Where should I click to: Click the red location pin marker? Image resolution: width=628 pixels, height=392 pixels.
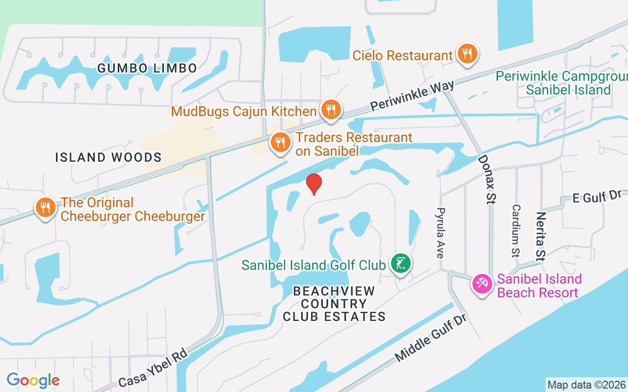click(x=314, y=184)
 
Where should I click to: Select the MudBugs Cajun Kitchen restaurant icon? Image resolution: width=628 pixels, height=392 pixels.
click(x=331, y=110)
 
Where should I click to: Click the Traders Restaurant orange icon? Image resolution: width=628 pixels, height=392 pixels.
click(x=280, y=143)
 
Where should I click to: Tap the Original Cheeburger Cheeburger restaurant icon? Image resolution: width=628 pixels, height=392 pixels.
click(x=45, y=207)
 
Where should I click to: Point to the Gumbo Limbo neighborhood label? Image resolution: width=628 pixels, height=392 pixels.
click(x=147, y=68)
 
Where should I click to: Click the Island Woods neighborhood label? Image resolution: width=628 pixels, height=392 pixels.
click(x=108, y=157)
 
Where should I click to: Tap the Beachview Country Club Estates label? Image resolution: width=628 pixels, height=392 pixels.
click(x=334, y=304)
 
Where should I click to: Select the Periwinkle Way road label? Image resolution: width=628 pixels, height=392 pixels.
click(x=412, y=96)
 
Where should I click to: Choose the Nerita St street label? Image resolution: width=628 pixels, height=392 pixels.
click(x=541, y=237)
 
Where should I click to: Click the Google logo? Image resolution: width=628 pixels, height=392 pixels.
click(x=33, y=380)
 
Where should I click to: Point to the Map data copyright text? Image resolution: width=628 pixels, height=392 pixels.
click(x=586, y=385)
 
